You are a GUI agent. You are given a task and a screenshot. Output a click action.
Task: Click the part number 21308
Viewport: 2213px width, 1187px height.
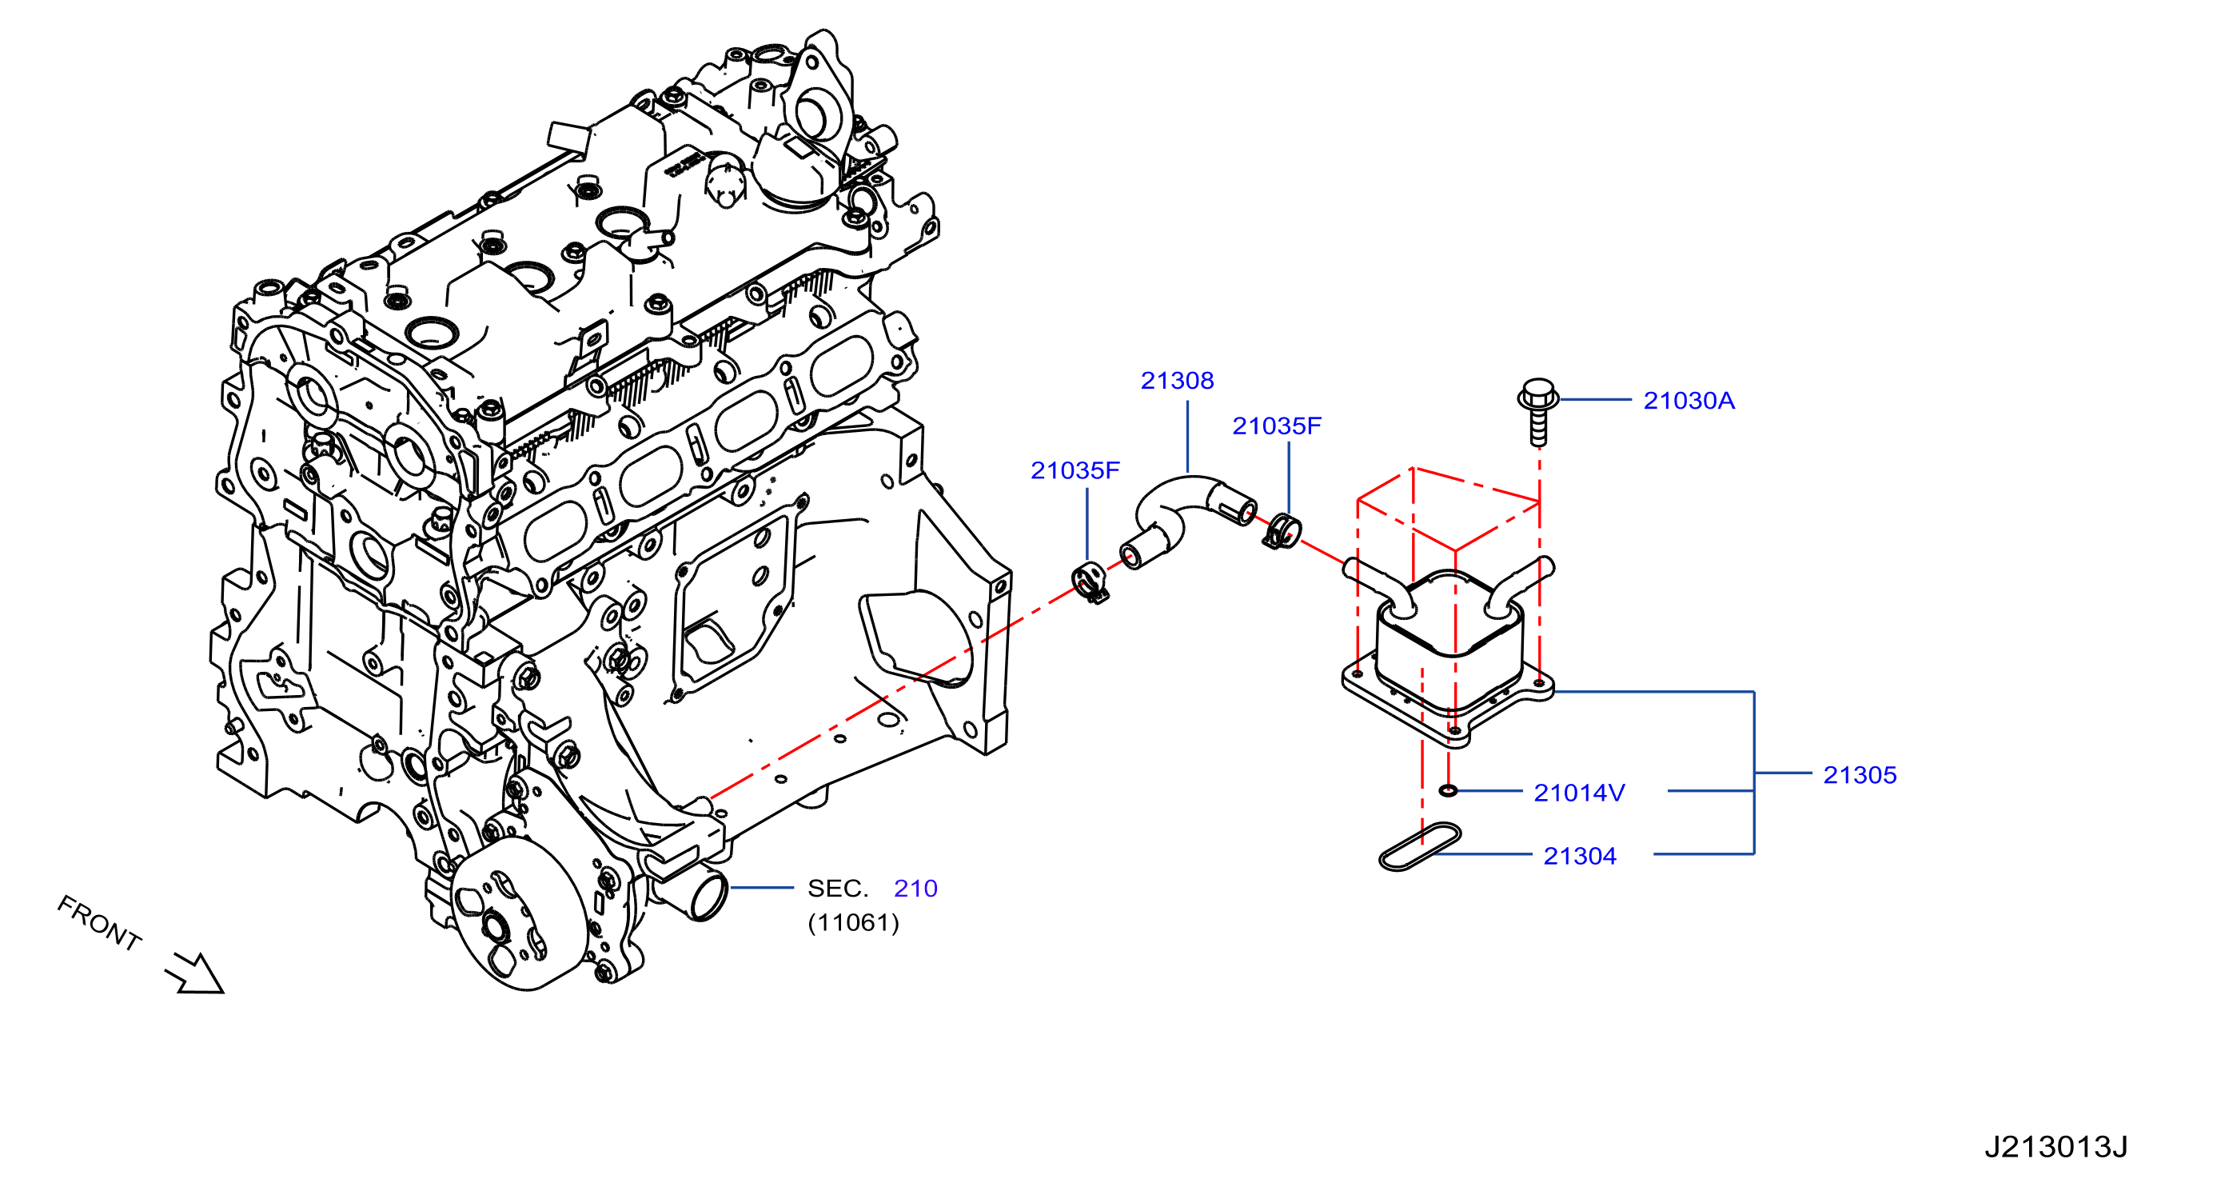pos(1177,381)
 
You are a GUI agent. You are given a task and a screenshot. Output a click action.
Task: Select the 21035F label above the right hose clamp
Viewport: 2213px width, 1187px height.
pos(1277,426)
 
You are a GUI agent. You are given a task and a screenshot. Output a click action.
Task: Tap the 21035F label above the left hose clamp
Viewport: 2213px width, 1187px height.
pos(1075,471)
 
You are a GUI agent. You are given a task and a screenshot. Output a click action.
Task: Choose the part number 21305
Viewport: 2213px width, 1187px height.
pos(1859,775)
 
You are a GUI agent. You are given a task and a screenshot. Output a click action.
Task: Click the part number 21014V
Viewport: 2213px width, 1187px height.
pos(1579,793)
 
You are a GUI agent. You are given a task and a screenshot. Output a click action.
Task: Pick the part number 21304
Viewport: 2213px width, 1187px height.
pos(1579,856)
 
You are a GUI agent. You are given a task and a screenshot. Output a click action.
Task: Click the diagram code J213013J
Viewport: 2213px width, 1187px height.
pos(2055,1146)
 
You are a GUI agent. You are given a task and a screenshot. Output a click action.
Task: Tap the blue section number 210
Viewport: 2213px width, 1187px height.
pos(915,889)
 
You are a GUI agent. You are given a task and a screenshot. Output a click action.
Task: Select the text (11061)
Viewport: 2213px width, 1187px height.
pos(853,923)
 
